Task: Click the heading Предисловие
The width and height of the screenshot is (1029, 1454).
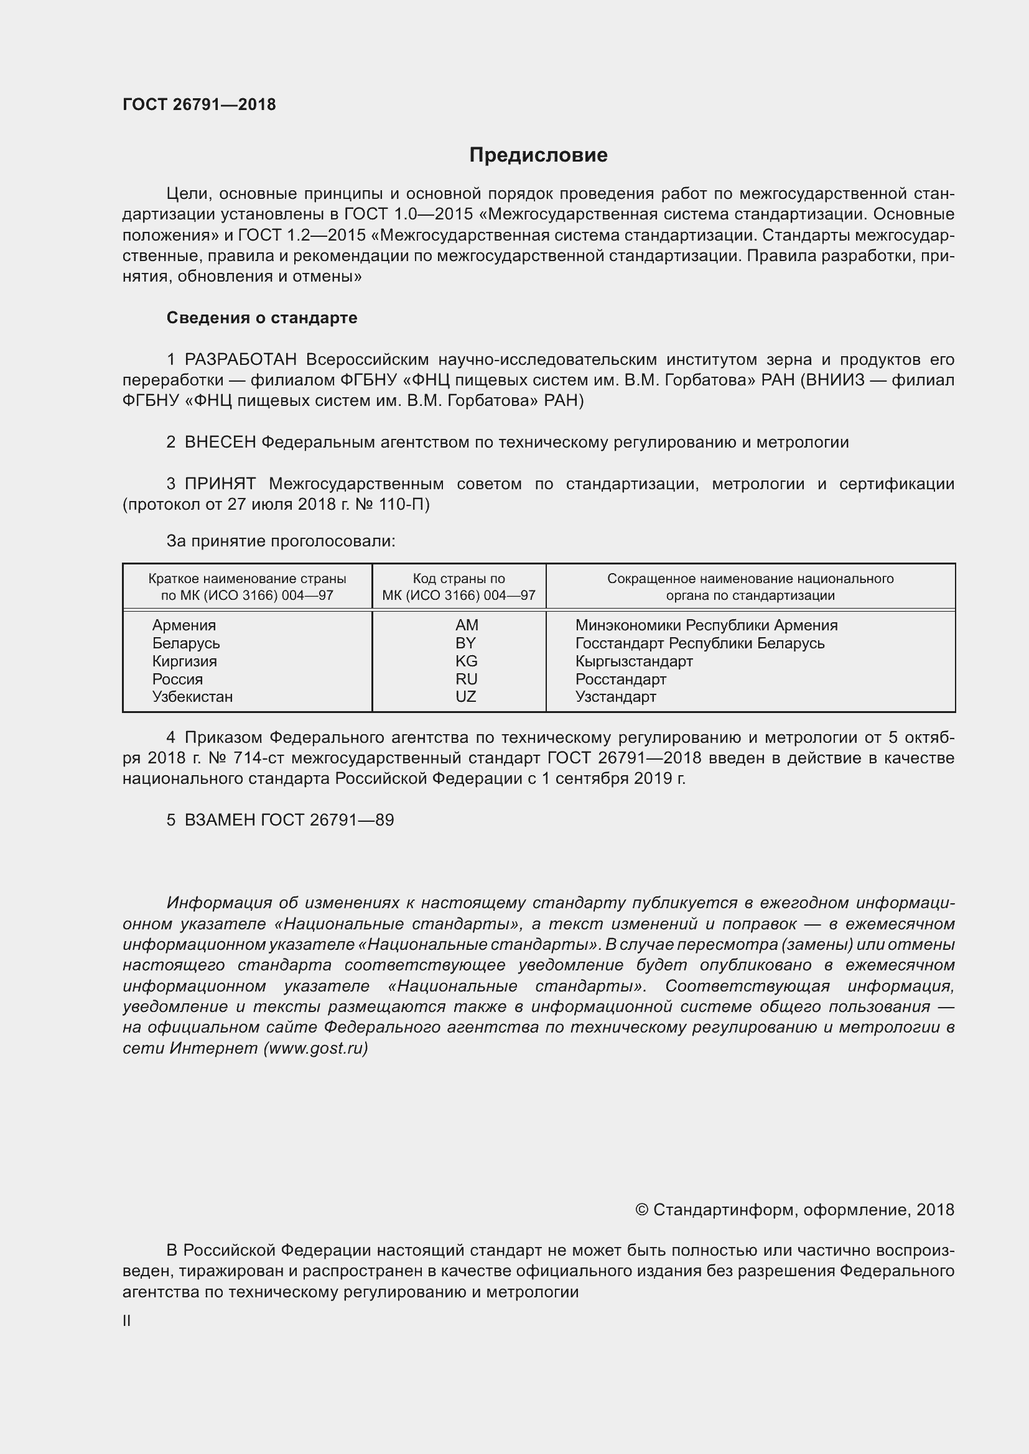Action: coord(538,155)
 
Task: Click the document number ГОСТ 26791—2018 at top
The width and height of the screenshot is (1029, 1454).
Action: coord(199,104)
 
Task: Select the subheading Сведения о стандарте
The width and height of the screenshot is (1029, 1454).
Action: coord(262,318)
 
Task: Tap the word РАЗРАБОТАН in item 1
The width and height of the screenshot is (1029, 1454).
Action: coord(240,360)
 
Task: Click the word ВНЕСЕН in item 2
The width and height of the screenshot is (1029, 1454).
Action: coord(220,442)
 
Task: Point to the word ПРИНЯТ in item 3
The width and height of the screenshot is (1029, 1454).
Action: coord(220,484)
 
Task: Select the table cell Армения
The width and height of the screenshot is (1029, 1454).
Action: coord(184,625)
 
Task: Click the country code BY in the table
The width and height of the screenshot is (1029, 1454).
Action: coord(465,643)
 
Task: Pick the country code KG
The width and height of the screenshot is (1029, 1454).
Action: coord(466,661)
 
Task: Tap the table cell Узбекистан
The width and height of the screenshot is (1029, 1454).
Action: coord(192,697)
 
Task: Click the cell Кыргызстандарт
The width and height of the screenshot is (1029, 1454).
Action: coord(633,661)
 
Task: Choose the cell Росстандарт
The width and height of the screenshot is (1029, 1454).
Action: coord(620,679)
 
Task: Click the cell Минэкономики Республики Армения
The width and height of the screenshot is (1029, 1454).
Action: coord(706,625)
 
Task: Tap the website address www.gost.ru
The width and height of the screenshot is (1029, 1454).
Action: coord(315,1048)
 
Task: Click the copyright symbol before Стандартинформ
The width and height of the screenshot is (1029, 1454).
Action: coord(641,1210)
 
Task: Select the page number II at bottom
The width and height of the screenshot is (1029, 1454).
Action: coord(127,1321)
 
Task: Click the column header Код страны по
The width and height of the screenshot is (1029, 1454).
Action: coord(459,578)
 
